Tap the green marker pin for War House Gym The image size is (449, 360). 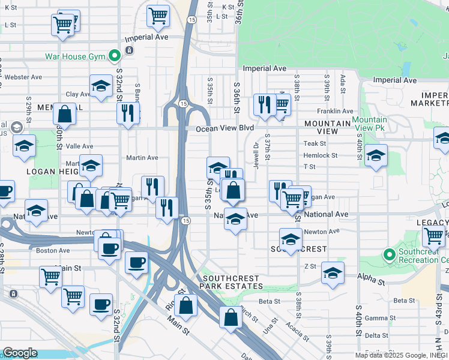pos(113,57)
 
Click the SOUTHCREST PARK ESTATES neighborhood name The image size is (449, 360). pos(231,283)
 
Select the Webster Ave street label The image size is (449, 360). pos(23,77)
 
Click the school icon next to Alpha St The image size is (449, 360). pos(333,273)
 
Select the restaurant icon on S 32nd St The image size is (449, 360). pos(128,112)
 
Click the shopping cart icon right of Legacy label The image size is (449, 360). pos(433,238)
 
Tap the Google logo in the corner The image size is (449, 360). pos(19,353)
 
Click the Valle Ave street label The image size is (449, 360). pos(80,146)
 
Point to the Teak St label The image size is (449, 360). pos(315,143)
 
